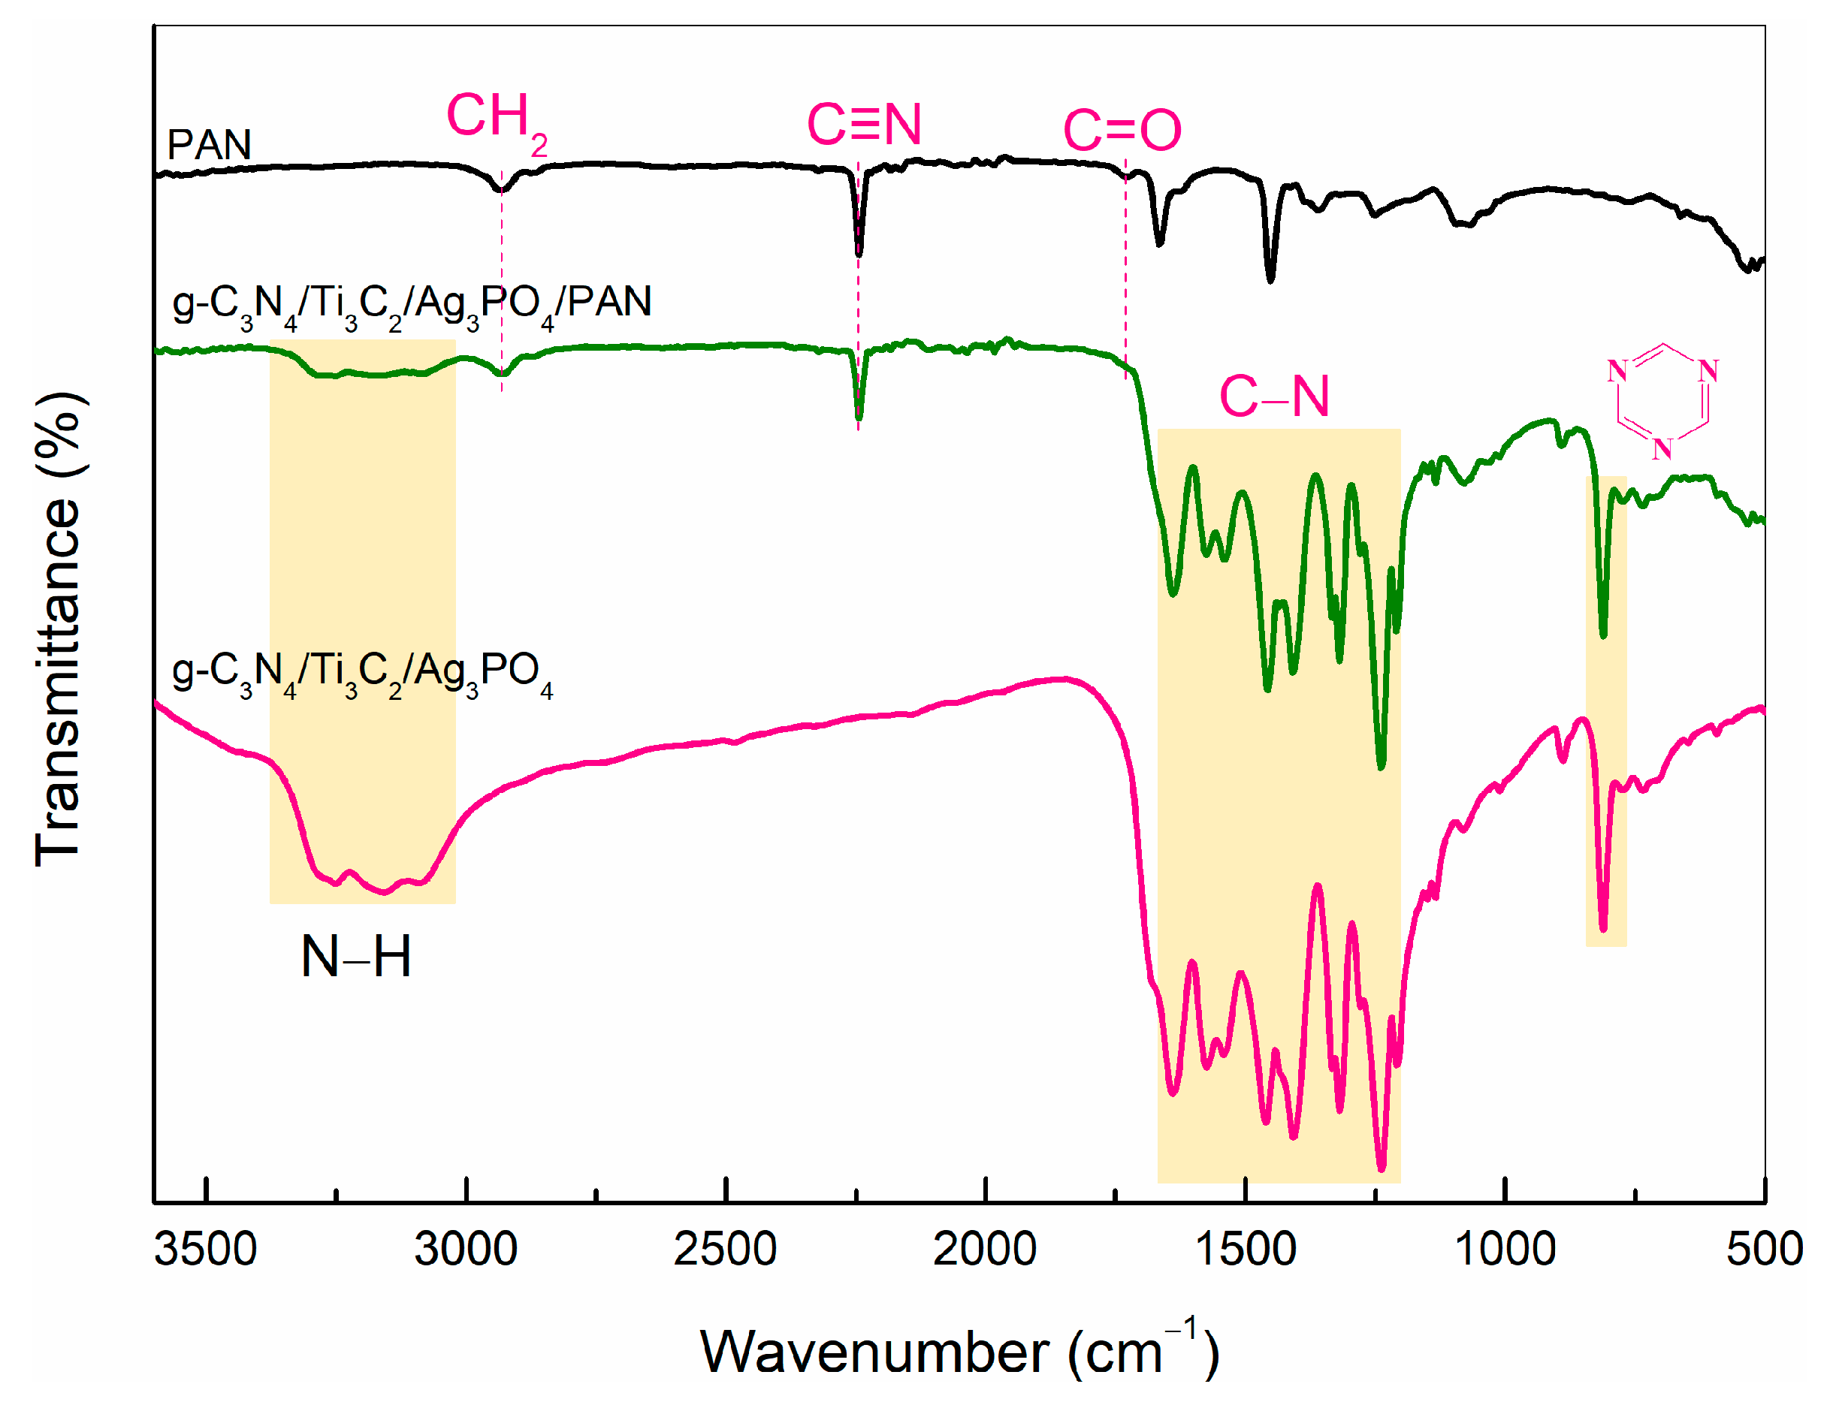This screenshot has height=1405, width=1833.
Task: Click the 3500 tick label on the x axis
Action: [206, 1250]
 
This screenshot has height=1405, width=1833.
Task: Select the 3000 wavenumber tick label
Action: [466, 1250]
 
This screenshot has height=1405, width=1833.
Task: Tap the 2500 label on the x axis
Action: [726, 1250]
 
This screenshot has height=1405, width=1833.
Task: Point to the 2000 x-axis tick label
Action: [985, 1250]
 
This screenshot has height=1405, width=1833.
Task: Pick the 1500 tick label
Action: [1245, 1250]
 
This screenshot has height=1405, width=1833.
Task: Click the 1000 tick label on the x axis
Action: [1504, 1250]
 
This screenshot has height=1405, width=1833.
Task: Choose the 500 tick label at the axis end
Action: [1764, 1250]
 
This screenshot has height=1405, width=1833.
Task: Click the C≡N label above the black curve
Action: [863, 125]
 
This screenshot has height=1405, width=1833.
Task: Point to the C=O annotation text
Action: [1121, 131]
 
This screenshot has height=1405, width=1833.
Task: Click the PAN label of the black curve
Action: [209, 146]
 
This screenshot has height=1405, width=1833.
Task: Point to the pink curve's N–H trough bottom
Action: [384, 891]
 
